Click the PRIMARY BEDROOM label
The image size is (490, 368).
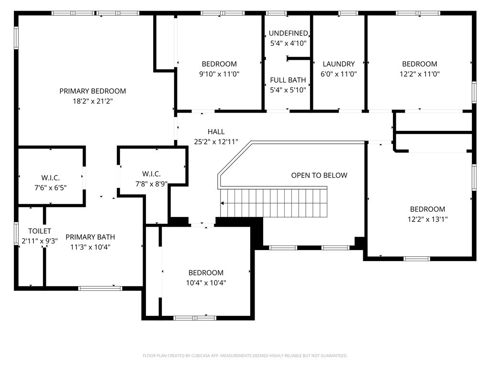92,91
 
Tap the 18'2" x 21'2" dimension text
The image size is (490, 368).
92,101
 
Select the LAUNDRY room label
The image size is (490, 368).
338,64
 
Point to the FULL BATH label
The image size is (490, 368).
288,80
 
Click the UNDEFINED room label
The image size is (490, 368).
288,33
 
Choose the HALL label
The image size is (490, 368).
216,132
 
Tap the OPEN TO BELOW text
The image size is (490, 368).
319,175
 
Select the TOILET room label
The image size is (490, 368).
39,231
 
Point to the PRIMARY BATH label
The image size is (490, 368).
90,237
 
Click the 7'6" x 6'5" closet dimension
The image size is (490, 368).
50,187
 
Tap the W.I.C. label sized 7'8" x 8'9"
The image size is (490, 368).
151,174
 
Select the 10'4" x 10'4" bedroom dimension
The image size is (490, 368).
206,283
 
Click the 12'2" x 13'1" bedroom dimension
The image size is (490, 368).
427,219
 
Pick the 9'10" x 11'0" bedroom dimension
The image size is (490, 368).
219,74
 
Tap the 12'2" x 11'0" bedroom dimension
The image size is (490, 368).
419,74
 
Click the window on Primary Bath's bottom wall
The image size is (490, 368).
100,288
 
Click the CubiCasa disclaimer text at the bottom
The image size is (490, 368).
245,356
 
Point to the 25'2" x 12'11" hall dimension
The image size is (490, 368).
216,142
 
